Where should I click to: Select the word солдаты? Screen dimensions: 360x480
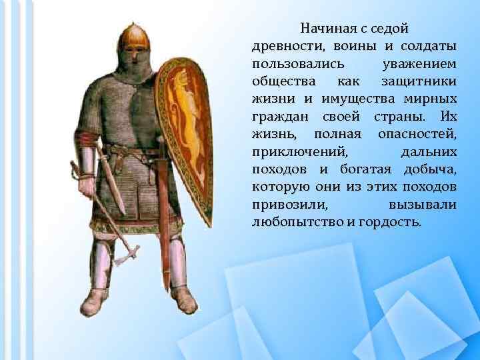429,47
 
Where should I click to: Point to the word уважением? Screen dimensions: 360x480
420,64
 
